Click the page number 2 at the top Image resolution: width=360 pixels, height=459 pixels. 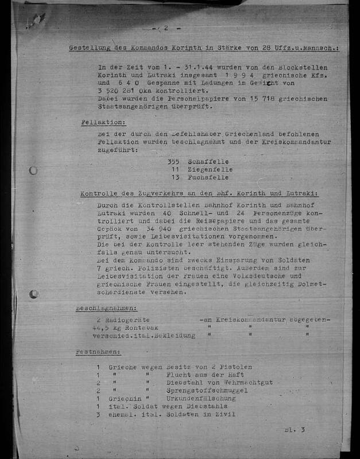pos(166,28)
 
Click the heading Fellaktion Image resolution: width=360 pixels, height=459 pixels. pos(103,122)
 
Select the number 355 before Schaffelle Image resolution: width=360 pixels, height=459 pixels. pos(173,162)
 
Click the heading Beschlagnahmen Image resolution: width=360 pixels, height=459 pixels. pos(107,308)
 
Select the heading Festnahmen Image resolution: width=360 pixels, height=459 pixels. pos(98,351)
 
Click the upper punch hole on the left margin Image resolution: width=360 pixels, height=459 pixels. pos(33,170)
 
